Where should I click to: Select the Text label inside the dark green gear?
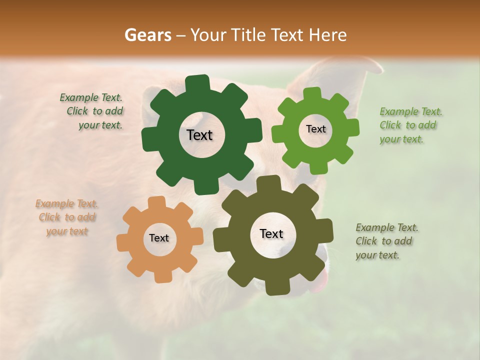(199, 135)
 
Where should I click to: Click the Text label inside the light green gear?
(315, 129)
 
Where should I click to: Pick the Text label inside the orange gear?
(159, 238)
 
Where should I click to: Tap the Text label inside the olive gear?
(271, 233)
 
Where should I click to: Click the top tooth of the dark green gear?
(200, 83)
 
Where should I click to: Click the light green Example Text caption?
(408, 125)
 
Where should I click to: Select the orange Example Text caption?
(67, 217)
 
